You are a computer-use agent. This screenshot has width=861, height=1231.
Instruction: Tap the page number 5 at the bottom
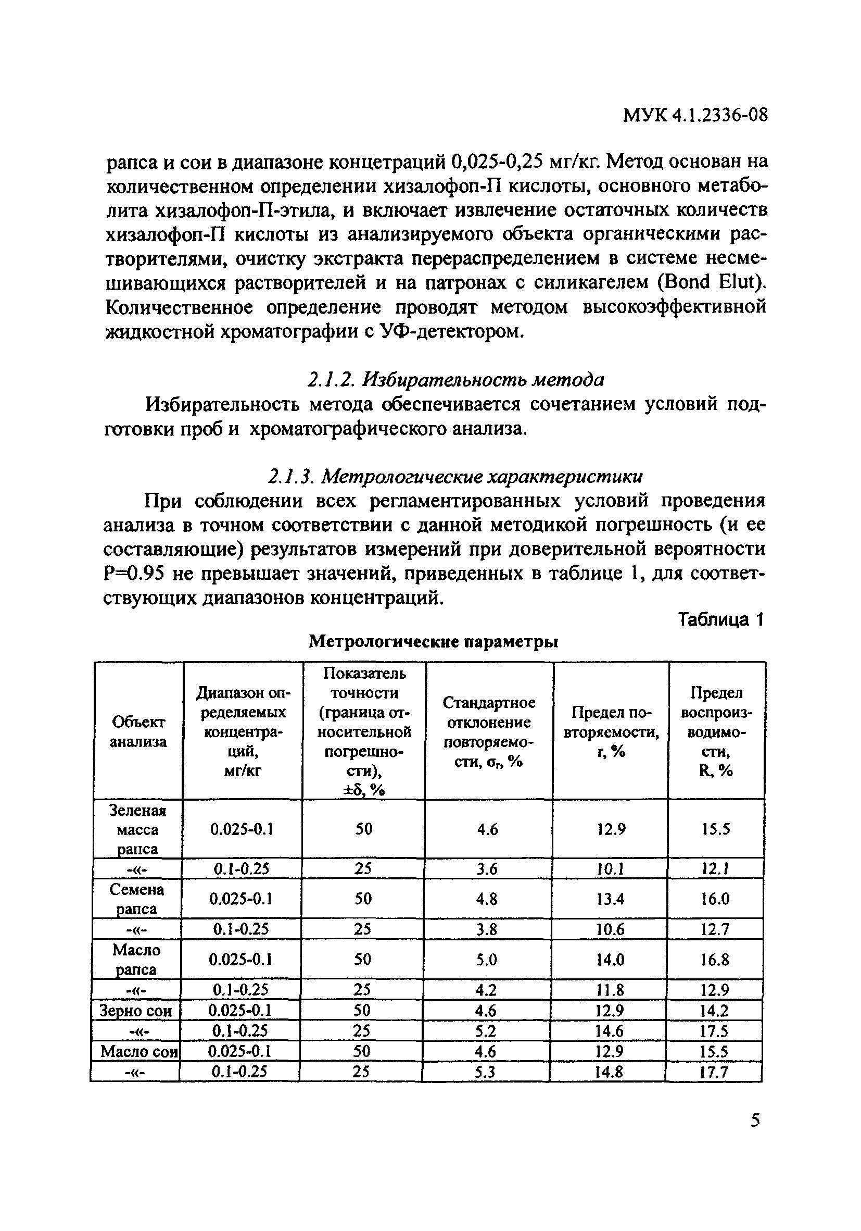pyautogui.click(x=755, y=1120)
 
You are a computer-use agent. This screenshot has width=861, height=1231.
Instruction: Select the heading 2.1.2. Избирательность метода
pyautogui.click(x=455, y=380)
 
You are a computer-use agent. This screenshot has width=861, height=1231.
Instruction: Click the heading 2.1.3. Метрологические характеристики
pyautogui.click(x=455, y=476)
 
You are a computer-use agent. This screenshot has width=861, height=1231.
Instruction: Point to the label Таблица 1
pyautogui.click(x=720, y=620)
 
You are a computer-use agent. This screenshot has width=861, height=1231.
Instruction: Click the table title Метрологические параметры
pyautogui.click(x=434, y=641)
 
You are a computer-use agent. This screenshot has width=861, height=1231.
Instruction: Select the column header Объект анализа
pyautogui.click(x=138, y=732)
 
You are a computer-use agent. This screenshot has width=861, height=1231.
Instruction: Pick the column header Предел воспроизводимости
pyautogui.click(x=716, y=732)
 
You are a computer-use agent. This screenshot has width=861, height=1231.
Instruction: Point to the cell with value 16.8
pyautogui.click(x=715, y=960)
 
